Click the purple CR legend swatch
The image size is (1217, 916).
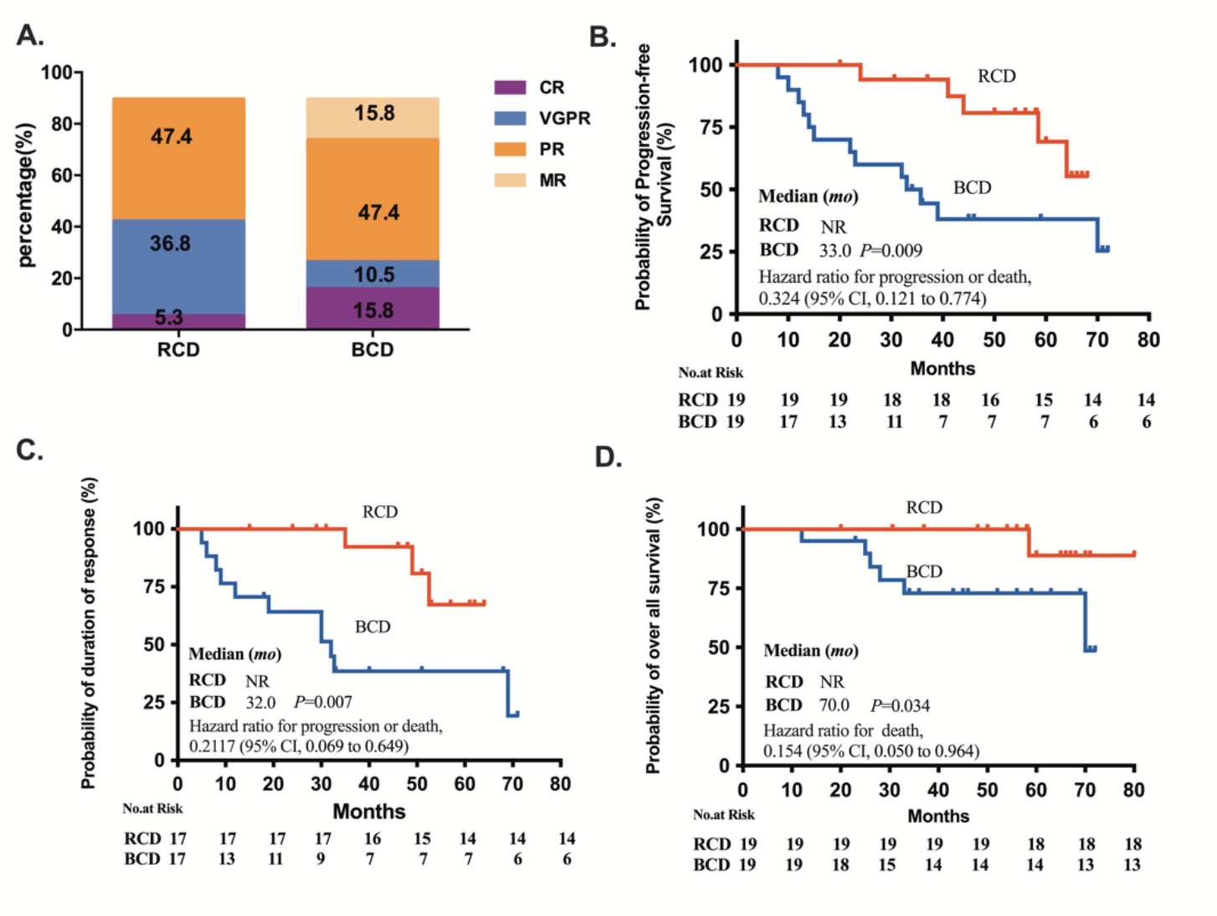coord(510,87)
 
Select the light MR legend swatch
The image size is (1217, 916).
coord(510,180)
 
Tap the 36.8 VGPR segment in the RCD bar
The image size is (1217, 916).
coord(170,243)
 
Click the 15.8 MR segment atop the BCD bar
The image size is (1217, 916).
coord(373,114)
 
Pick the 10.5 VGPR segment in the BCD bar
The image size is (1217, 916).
coord(373,274)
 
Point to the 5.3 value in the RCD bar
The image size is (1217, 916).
coord(168,318)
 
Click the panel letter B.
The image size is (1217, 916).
coord(603,37)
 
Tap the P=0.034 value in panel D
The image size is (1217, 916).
coord(900,705)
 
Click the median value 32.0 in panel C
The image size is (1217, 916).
coord(260,702)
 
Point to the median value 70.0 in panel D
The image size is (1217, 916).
coord(834,705)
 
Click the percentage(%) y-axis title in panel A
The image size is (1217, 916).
coord(27,195)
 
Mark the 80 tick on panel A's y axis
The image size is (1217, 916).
coord(61,124)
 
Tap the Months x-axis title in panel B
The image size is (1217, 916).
coord(942,368)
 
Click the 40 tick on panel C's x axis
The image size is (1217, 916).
coord(369,784)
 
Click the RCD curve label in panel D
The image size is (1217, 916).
coord(923,508)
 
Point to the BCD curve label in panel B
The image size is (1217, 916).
coord(972,187)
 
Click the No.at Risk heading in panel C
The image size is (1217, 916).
coord(152,808)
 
